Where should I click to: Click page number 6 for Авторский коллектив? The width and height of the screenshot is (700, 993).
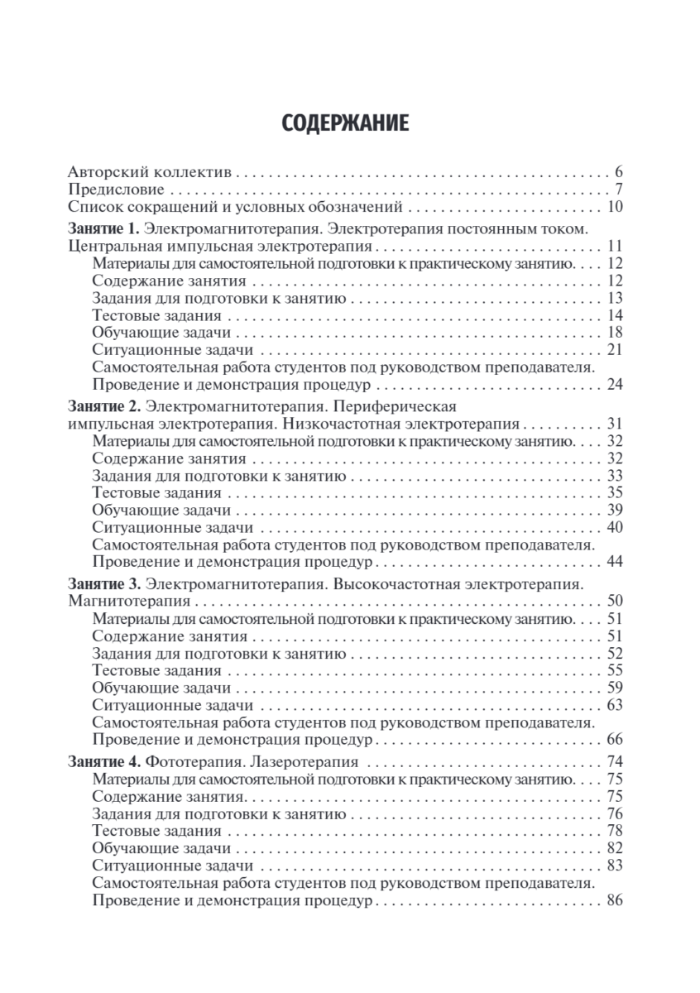(x=617, y=173)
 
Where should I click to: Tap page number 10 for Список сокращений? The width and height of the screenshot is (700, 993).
(x=614, y=207)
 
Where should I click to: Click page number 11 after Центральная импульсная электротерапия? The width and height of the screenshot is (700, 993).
(x=614, y=246)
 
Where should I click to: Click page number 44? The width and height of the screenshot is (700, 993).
(x=614, y=562)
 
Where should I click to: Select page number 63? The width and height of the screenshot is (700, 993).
(x=614, y=705)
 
